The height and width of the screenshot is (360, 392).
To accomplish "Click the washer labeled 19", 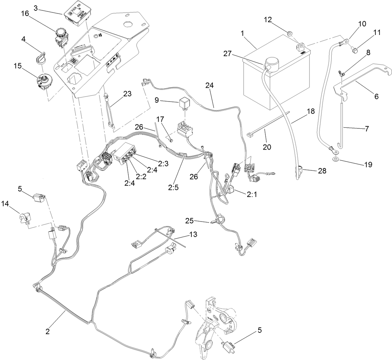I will click(336, 158).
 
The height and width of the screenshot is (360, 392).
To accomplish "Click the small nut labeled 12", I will click(289, 32).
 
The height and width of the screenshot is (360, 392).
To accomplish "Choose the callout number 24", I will click(210, 86).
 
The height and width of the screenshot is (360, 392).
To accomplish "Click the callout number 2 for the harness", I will click(48, 331).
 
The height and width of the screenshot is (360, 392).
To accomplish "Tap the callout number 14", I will click(5, 203).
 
